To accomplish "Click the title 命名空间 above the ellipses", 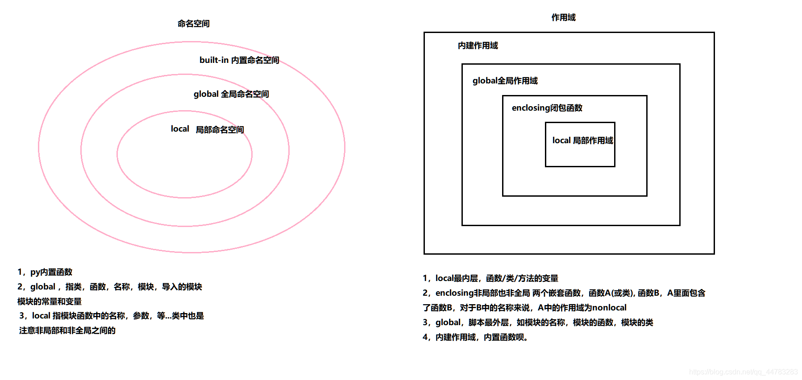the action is pos(193,24).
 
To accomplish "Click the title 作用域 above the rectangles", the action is pos(563,17).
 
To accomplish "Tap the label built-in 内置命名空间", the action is pos(239,60).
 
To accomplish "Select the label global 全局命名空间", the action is pos(231,94).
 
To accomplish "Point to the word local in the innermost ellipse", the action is pos(180,129).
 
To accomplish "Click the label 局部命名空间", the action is pos(220,130).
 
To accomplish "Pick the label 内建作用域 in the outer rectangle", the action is pos(478,45).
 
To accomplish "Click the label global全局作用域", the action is pos(505,81).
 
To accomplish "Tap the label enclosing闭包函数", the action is pos(547,108).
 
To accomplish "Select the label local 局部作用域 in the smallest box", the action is pos(582,140).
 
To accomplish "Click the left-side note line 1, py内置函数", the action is pos(45,272).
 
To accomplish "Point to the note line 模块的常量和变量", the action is pos(50,302).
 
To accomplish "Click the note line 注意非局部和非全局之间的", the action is pos(67,330).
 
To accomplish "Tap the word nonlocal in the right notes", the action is pos(609,308).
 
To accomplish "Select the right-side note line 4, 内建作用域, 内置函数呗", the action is pos(475,337).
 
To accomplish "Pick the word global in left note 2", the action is pos(43,287).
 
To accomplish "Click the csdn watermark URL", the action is pos(743,372).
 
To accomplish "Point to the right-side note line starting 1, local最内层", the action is pos(490,278).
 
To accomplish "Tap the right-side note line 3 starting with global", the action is pos(537,322).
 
